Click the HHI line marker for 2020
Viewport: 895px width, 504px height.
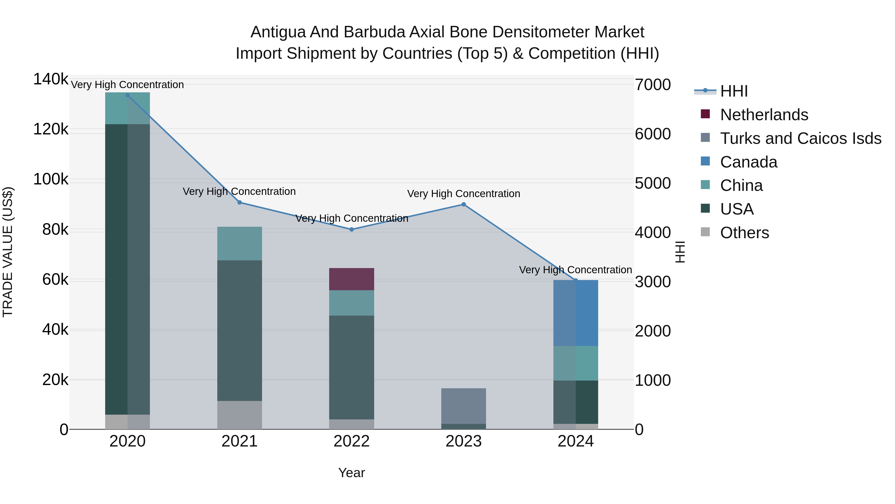(128, 95)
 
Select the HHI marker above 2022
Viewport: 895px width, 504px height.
(352, 229)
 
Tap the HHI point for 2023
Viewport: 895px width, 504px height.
(463, 205)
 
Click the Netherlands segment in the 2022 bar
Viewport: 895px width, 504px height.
(352, 279)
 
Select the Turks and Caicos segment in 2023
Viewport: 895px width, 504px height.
(463, 406)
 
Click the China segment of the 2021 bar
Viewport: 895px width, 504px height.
(239, 243)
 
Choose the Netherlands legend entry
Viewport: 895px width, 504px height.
(764, 115)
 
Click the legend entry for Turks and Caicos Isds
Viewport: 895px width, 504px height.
(801, 138)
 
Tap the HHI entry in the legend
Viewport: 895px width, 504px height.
(734, 91)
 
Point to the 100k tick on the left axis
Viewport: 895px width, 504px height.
(51, 179)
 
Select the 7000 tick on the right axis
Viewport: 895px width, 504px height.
(653, 85)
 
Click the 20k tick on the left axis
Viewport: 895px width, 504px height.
(55, 380)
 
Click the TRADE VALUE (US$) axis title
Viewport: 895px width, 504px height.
(8, 252)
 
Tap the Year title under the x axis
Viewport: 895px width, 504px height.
(352, 473)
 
